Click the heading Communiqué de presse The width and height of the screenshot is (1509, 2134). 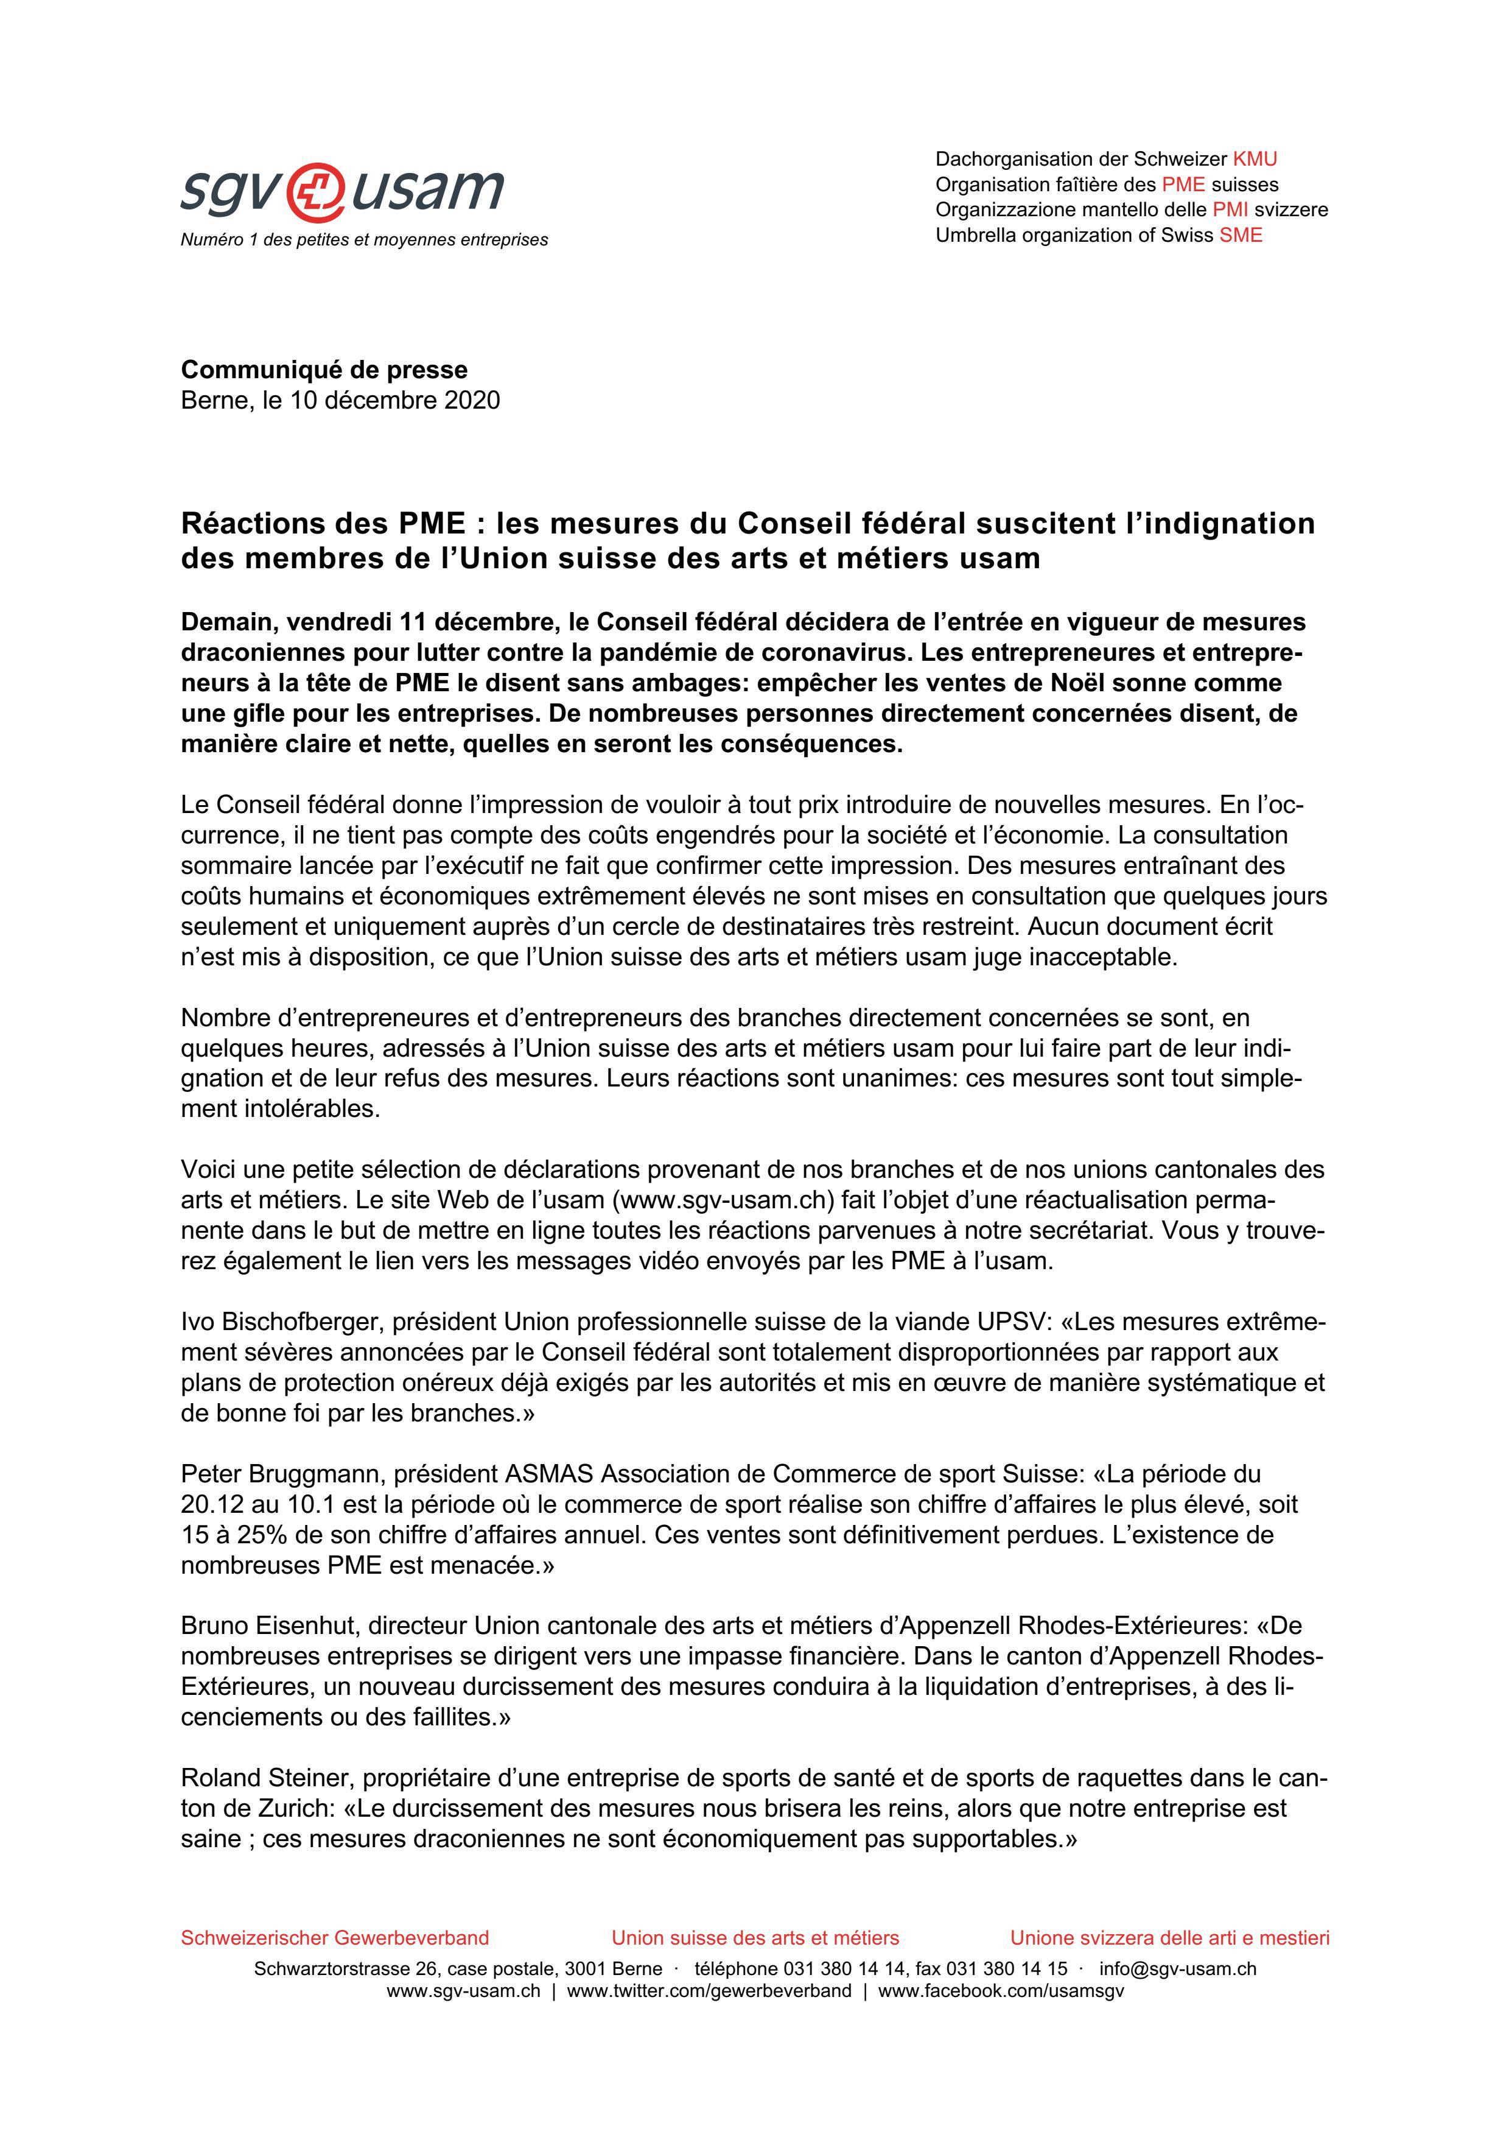point(324,370)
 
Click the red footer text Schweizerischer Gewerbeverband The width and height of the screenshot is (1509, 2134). point(335,1938)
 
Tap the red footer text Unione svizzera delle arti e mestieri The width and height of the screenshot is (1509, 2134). point(1170,1938)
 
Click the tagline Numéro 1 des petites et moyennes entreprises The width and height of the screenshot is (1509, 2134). point(364,240)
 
